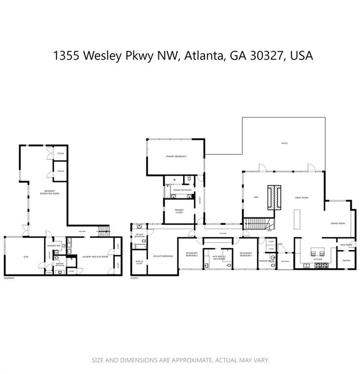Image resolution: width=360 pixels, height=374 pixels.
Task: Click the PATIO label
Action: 284,144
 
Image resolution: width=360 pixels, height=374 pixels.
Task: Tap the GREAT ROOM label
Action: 302,198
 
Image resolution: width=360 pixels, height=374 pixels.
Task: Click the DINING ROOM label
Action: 338,223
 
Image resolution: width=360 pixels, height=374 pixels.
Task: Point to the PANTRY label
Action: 346,261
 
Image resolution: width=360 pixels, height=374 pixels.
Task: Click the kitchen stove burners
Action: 321,265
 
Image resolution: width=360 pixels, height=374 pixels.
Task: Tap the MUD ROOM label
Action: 346,245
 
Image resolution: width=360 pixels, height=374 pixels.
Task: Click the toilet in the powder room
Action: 273,258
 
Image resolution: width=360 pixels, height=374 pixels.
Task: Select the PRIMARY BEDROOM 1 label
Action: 176,156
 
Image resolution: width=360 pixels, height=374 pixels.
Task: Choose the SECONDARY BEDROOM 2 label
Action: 191,254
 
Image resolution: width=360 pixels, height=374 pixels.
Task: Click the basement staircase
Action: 103,231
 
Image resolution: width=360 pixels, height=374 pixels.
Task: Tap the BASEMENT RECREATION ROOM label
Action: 50,192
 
